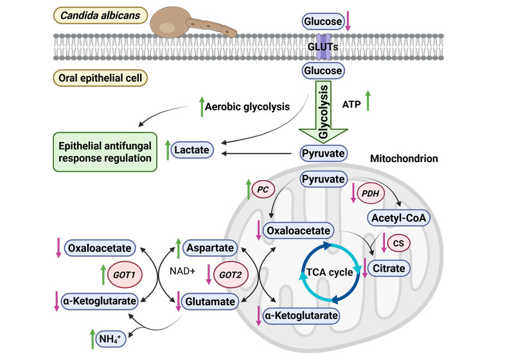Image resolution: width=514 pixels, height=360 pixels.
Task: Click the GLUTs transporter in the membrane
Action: coord(323,46)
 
